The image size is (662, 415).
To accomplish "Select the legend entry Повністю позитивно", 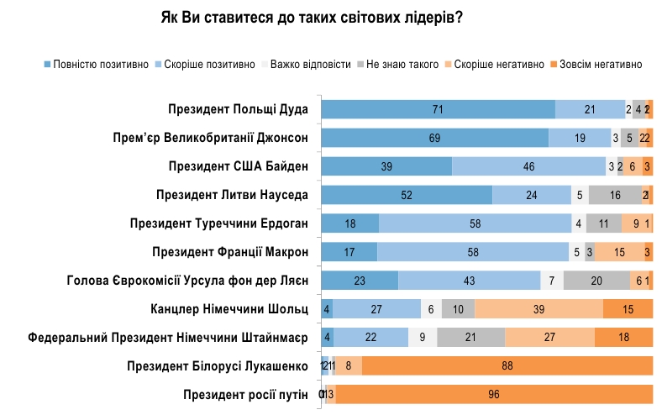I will click(101, 64).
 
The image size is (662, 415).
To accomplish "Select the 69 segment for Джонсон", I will click(435, 138).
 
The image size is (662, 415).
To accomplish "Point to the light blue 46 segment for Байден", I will click(528, 166).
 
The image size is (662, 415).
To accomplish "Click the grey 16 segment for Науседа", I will click(614, 195).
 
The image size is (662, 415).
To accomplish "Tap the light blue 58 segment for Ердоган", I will click(475, 223).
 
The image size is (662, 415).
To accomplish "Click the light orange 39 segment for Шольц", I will click(539, 309).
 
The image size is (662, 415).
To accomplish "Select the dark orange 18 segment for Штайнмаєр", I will click(623, 338).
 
